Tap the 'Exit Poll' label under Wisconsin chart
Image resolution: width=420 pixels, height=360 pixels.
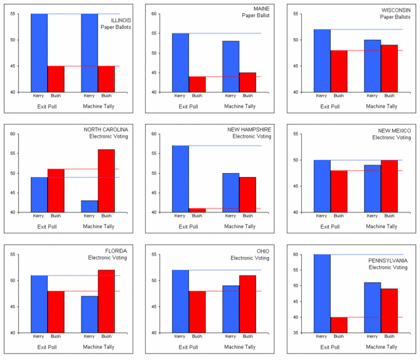[330, 106]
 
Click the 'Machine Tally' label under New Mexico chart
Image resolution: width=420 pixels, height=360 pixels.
[381, 226]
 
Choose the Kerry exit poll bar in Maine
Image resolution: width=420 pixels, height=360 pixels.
[180, 62]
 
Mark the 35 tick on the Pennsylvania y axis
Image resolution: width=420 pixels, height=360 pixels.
[297, 333]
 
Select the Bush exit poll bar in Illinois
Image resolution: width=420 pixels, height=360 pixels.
[56, 79]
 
